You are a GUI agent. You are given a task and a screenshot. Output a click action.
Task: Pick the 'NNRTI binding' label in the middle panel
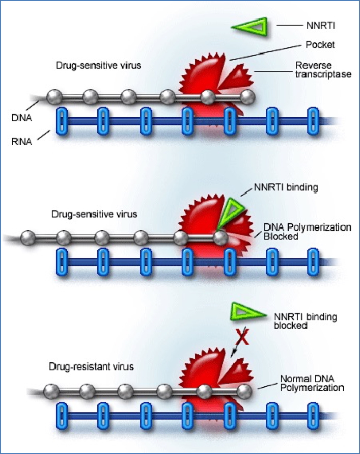coord(292,187)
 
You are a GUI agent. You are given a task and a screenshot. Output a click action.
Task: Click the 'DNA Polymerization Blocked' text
coord(307,231)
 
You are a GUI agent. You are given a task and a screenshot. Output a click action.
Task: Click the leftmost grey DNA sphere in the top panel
coord(54,96)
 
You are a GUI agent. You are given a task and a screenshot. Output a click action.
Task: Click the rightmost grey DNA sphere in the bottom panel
coord(244,391)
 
